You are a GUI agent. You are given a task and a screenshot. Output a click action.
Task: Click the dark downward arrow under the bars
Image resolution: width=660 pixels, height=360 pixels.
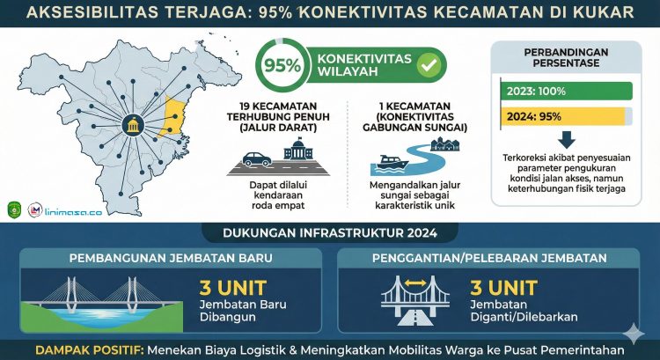[x=567, y=140]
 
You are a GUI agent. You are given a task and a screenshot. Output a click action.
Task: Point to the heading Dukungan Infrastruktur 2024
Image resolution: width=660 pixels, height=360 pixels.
[x=329, y=233]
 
